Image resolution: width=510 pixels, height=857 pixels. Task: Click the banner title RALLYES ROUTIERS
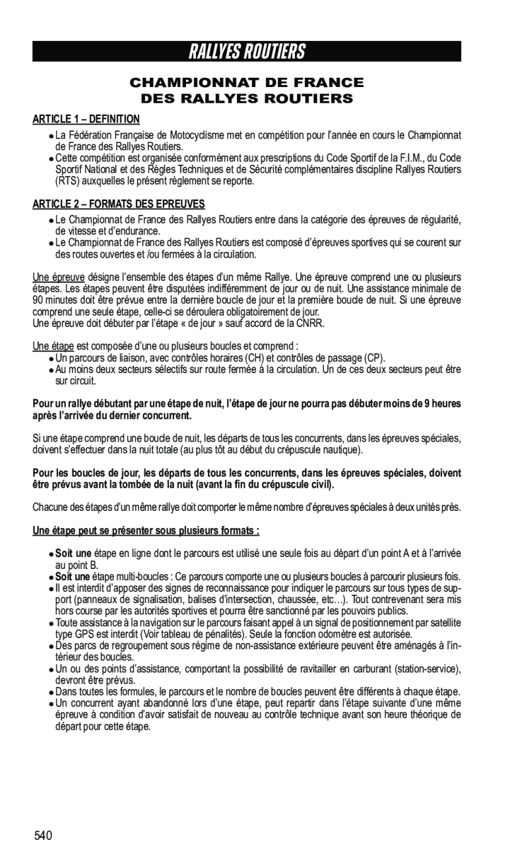tap(247, 51)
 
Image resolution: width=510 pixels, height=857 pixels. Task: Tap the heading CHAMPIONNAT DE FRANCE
tap(247, 82)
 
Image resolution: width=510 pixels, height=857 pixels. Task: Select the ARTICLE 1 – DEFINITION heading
tap(86, 119)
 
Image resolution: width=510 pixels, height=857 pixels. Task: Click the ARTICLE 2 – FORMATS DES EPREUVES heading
tap(119, 204)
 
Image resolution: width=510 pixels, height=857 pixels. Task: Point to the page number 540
tap(44, 837)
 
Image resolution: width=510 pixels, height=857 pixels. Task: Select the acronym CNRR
tap(310, 323)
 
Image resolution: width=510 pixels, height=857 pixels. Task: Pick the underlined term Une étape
tap(53, 346)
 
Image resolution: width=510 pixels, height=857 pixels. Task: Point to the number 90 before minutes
tap(39, 300)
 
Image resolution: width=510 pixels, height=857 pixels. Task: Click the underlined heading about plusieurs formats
tap(146, 531)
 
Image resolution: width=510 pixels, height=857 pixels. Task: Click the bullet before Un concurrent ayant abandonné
tap(51, 704)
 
